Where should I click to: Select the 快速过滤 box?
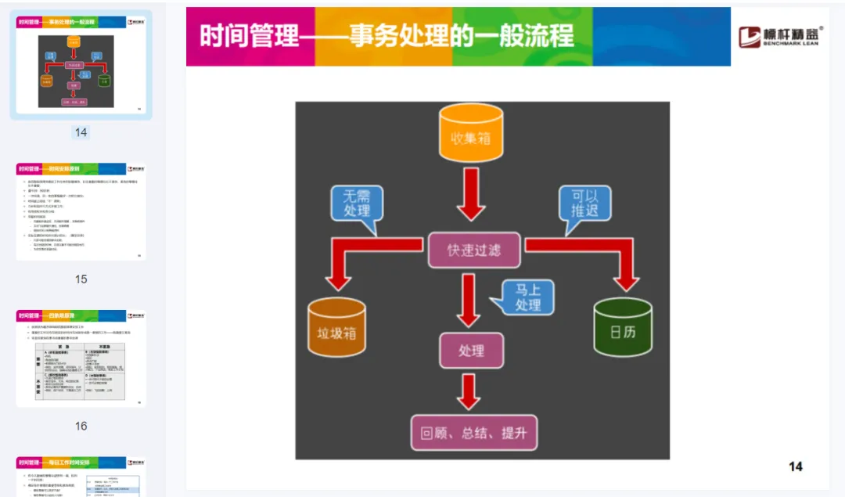[474, 250]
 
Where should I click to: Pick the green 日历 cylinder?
[623, 330]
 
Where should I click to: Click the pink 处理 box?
[471, 351]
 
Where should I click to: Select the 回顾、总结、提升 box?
[474, 433]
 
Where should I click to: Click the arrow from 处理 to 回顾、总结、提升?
[469, 391]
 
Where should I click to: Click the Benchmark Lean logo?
[781, 36]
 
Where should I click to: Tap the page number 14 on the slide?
[795, 466]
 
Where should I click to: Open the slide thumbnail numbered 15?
[81, 212]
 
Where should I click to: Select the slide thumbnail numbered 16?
[81, 358]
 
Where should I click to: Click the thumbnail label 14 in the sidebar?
[81, 132]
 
